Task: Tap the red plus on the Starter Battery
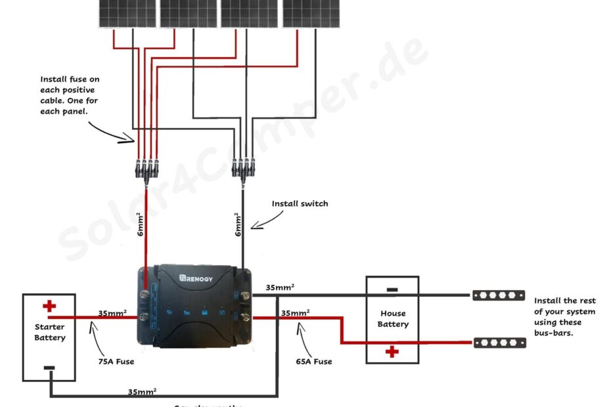coord(49,306)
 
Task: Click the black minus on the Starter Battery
coord(49,368)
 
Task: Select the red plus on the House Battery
coord(392,352)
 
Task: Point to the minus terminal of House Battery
coord(392,289)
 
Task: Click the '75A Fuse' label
coord(116,361)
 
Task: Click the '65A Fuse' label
coord(313,361)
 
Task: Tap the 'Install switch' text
coord(300,203)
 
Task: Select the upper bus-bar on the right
coord(499,295)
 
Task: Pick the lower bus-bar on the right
coord(499,343)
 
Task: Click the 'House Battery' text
coord(393,318)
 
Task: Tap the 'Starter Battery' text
coord(50,332)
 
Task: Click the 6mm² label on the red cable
coord(139,225)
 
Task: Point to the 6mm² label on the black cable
coord(237,225)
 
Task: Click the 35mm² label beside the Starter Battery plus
coord(112,313)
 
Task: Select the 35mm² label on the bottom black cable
coord(142,391)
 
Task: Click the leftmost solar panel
coord(127,13)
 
